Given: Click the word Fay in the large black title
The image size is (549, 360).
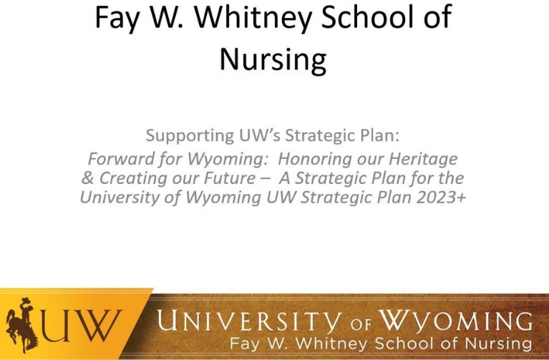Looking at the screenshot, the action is (x=116, y=18).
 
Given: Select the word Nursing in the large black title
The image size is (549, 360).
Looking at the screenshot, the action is (x=273, y=59).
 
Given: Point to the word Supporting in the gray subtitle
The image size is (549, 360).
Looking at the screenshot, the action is (x=190, y=136).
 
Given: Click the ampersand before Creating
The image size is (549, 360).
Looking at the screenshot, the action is (x=87, y=178).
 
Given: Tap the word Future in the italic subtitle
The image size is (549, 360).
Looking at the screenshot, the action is (x=230, y=178).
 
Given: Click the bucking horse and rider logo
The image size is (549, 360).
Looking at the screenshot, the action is (x=21, y=326).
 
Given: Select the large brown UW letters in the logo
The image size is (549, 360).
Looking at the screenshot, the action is (x=81, y=326).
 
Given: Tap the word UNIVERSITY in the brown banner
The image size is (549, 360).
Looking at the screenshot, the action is (x=249, y=321).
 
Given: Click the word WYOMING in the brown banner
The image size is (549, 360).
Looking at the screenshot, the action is (x=456, y=321).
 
